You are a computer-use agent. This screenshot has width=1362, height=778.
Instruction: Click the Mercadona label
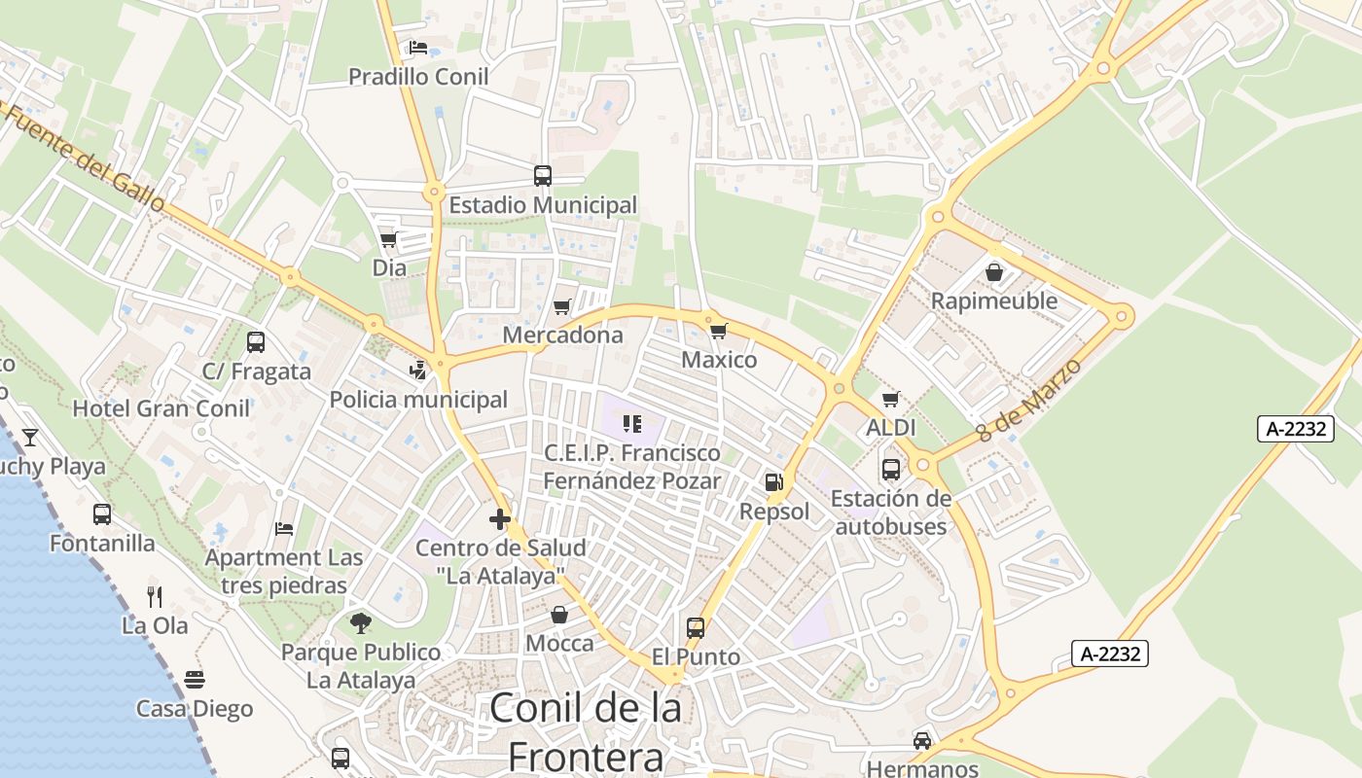click(x=562, y=336)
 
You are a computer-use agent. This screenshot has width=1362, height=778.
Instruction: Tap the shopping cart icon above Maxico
click(x=718, y=332)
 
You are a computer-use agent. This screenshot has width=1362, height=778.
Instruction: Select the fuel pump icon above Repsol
click(x=774, y=481)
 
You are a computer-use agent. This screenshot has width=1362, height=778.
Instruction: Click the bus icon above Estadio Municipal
click(x=542, y=176)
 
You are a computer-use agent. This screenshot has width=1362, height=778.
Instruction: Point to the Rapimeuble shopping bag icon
click(x=994, y=272)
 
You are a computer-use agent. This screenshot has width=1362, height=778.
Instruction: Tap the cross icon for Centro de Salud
click(x=500, y=519)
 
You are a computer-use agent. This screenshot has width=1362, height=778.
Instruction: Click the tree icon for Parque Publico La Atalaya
click(x=361, y=622)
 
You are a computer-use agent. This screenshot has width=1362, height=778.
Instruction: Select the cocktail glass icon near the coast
click(x=30, y=437)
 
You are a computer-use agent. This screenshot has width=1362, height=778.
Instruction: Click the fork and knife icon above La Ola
click(x=155, y=596)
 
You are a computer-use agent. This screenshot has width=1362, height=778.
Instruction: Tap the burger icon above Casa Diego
click(x=195, y=679)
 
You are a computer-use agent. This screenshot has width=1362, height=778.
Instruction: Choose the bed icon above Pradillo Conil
click(x=418, y=48)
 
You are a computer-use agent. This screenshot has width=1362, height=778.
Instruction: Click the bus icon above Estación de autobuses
click(x=890, y=470)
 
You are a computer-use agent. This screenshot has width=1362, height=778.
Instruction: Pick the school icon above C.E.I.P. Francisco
click(x=632, y=424)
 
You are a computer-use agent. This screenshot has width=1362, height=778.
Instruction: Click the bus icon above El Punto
click(x=696, y=627)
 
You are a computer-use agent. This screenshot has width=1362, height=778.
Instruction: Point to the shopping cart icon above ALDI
click(x=890, y=399)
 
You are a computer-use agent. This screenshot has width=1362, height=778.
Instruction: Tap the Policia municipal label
click(x=418, y=400)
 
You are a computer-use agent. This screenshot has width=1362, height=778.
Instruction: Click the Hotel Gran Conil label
click(x=161, y=408)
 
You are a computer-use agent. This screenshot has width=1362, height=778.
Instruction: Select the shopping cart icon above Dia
click(x=389, y=239)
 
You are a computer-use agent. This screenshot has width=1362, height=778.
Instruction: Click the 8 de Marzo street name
click(x=1030, y=400)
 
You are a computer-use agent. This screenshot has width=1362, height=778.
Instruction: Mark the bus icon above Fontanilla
click(x=102, y=513)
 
